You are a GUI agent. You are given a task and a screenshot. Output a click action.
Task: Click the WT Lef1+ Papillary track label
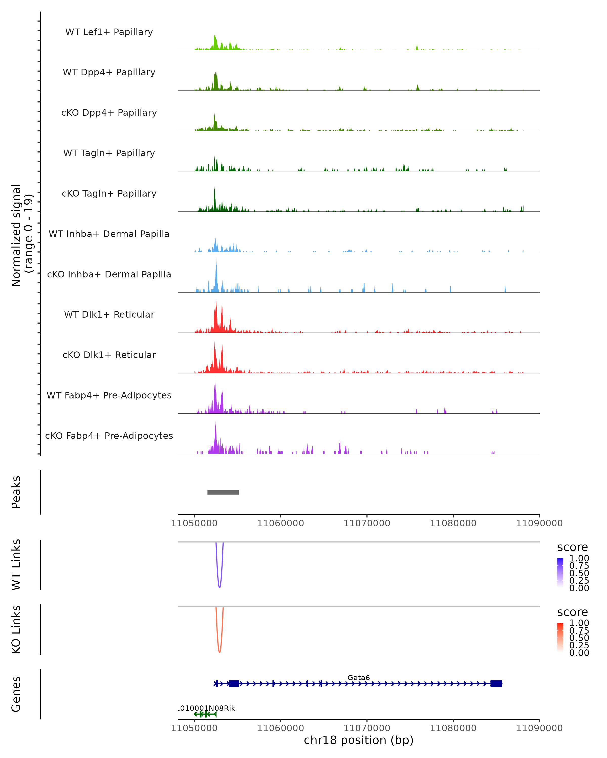tap(109, 32)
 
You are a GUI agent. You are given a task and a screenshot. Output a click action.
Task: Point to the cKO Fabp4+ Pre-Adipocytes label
tap(109, 436)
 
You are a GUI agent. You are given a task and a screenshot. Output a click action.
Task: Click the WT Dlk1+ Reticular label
tap(109, 314)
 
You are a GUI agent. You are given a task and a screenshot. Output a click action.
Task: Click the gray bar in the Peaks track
tap(223, 492)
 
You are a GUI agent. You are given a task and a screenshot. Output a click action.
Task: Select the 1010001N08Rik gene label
tap(207, 708)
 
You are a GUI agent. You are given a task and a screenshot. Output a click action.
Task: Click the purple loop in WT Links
tap(220, 586)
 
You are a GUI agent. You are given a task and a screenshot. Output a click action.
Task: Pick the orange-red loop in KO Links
tap(220, 651)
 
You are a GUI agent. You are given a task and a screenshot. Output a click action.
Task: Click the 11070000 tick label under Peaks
tap(367, 523)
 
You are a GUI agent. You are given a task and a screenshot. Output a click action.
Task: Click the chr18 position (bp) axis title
tap(359, 740)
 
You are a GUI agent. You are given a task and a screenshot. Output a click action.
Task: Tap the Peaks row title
tap(16, 492)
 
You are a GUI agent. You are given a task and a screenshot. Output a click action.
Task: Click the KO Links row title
tap(16, 629)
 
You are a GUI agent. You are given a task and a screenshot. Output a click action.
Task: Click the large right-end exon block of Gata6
tap(496, 683)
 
